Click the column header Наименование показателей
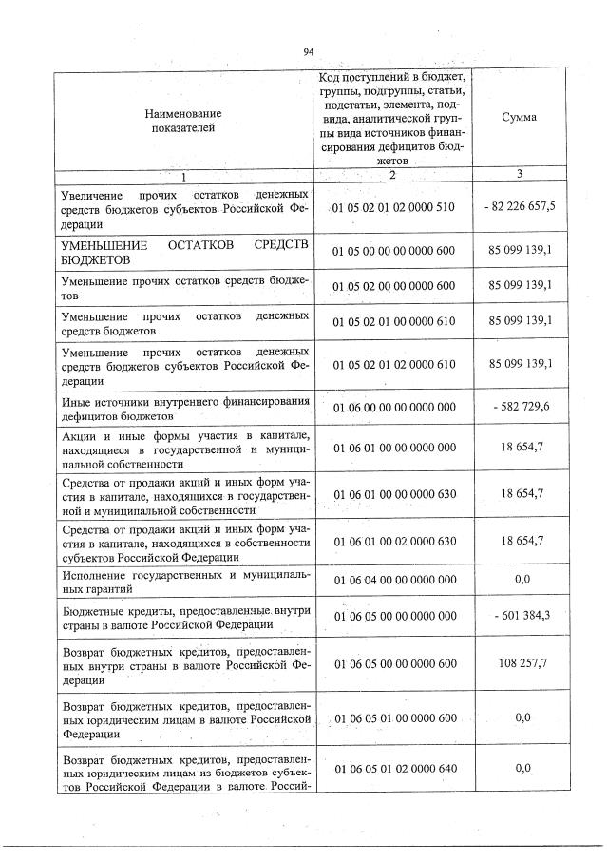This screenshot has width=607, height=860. pyautogui.click(x=185, y=119)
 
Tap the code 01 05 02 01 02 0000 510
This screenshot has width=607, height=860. pyautogui.click(x=394, y=207)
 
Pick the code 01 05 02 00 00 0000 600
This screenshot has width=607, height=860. pyautogui.click(x=394, y=286)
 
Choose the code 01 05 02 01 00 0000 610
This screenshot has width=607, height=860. pyautogui.click(x=394, y=322)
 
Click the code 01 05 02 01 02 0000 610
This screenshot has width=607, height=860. pyautogui.click(x=394, y=365)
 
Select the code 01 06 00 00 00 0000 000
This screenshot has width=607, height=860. pyautogui.click(x=394, y=408)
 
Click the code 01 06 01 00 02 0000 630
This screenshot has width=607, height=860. pyautogui.click(x=394, y=541)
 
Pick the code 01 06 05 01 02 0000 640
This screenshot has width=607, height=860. pyautogui.click(x=394, y=767)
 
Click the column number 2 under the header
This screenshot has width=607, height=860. pyautogui.click(x=392, y=174)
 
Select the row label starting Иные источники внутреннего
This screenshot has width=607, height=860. pyautogui.click(x=185, y=408)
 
